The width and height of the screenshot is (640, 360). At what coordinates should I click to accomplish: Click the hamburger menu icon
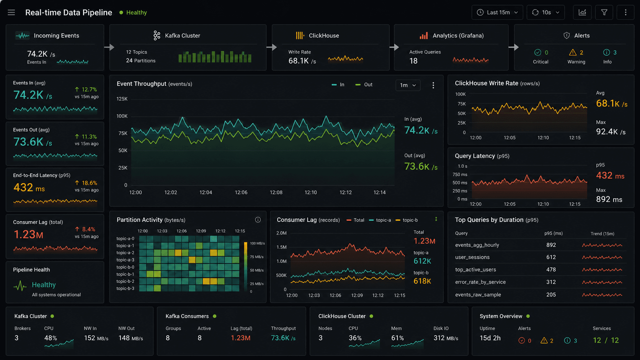11,12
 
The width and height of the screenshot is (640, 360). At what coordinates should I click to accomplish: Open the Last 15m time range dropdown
497,12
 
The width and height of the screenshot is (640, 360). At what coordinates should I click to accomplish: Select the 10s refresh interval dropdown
545,12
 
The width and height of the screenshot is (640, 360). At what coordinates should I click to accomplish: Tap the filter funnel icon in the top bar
604,12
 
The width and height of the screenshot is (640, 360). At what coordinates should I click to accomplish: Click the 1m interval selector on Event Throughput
408,85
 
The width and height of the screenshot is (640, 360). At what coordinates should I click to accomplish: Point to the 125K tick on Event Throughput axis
122,99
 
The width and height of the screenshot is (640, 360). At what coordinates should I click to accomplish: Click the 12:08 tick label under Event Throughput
276,192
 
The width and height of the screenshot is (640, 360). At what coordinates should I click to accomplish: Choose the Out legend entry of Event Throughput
364,85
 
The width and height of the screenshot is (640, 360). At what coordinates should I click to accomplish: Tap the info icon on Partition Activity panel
258,220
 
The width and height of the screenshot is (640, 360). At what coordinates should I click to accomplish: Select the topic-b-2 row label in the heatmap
125,281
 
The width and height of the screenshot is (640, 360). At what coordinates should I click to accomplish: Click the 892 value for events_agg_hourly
551,245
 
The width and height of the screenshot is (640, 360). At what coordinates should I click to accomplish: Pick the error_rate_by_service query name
480,282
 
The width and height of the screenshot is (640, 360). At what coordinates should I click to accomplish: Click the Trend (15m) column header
602,233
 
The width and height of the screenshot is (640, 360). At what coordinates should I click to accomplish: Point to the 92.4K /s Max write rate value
611,132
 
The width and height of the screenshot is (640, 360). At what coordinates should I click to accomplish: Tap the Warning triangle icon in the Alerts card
573,52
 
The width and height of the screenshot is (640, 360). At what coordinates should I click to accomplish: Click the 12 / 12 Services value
606,340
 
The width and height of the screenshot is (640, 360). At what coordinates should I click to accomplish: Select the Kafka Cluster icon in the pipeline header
157,36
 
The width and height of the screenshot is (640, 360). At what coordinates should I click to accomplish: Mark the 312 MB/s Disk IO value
446,338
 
